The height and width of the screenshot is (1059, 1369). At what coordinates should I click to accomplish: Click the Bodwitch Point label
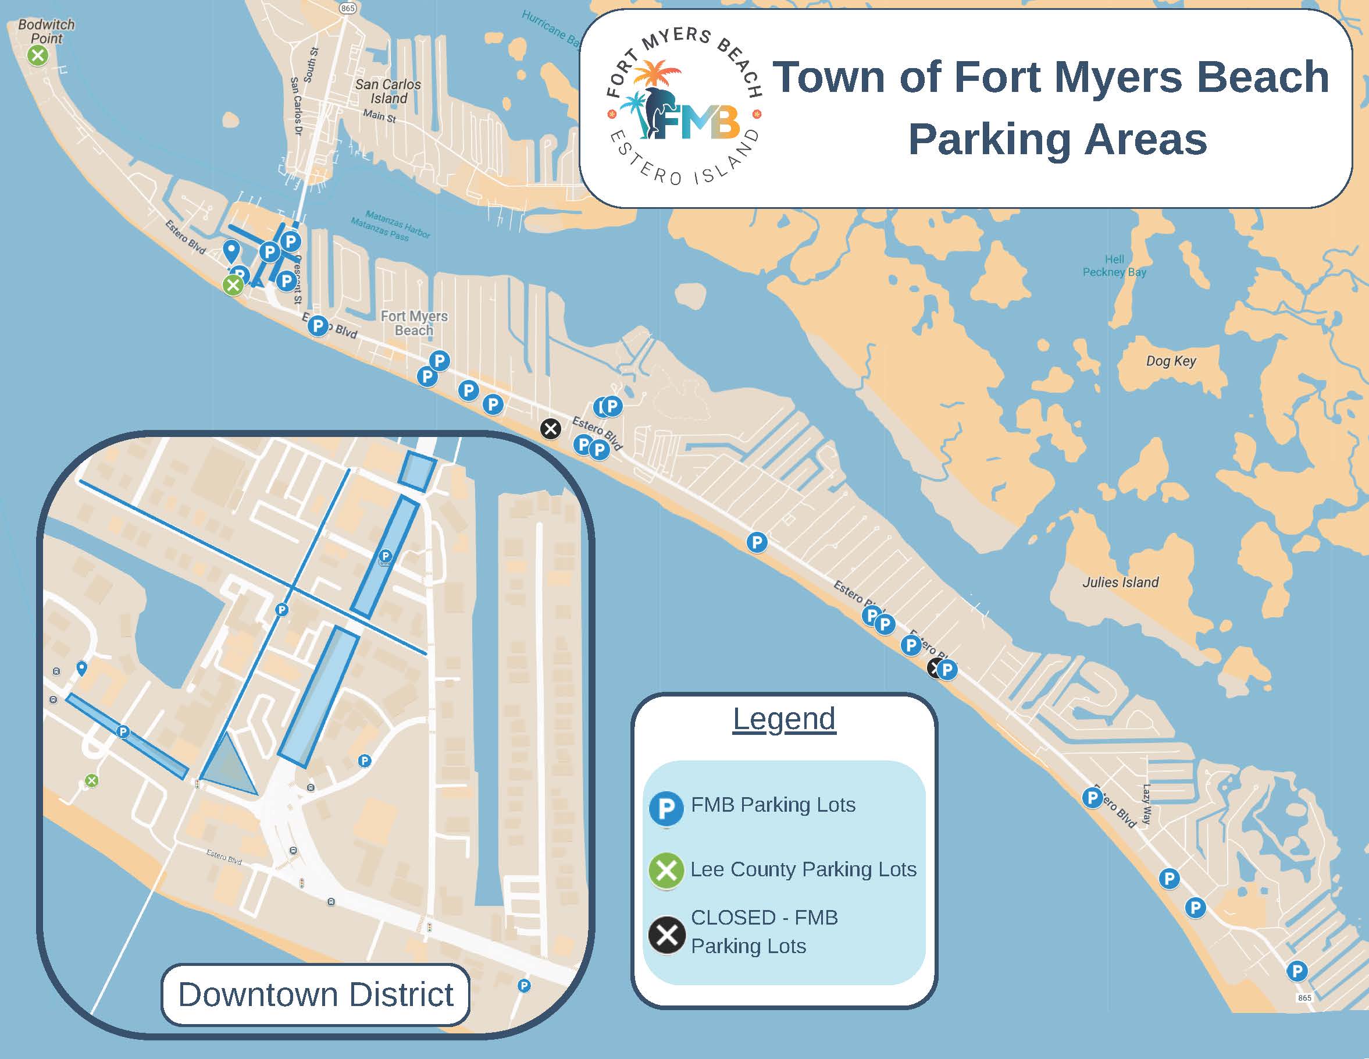pos(47,31)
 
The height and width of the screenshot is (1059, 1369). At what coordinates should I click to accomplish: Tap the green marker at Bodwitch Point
pos(38,56)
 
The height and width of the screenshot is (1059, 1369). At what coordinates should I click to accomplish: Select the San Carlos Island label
pos(388,91)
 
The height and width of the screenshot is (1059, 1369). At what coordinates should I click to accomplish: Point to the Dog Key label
pos(1171,361)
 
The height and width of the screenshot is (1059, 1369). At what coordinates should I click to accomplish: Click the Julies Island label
pos(1121,582)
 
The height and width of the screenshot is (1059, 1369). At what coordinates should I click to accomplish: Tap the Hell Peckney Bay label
pos(1114,266)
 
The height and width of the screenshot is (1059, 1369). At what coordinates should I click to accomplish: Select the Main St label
pos(379,116)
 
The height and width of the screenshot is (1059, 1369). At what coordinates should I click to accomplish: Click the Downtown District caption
pos(315,994)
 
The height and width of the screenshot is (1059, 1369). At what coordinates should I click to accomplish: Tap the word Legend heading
pos(784,719)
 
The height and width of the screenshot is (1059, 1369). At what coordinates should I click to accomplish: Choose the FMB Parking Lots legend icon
pos(666,809)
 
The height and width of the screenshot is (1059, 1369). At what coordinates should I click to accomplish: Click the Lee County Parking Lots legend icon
pos(666,871)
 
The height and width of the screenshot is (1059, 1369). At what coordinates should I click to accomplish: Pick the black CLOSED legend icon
pos(666,935)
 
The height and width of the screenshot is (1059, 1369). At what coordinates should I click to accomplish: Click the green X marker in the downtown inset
pos(91,781)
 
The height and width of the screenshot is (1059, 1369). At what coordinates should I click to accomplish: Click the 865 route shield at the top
pos(347,8)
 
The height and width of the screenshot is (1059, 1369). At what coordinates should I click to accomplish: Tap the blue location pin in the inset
pos(81,669)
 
